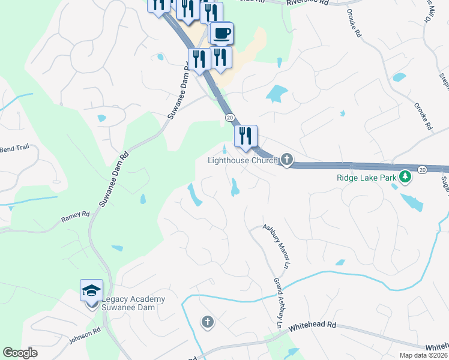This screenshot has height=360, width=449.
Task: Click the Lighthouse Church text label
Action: click(x=243, y=160)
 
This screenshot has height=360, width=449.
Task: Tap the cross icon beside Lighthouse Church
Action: click(x=287, y=160)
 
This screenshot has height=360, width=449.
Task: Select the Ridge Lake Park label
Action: click(x=366, y=177)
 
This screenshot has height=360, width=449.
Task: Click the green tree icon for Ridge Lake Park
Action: click(x=406, y=176)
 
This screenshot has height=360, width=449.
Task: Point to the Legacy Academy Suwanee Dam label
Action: click(x=133, y=303)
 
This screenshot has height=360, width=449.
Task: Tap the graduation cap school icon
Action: click(x=92, y=291)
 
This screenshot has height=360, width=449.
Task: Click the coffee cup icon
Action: click(x=222, y=32)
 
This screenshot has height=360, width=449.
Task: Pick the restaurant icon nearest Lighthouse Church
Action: click(x=246, y=136)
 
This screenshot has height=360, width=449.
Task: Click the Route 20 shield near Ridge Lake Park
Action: click(x=422, y=170)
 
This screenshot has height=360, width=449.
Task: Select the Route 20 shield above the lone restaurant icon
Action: click(x=229, y=117)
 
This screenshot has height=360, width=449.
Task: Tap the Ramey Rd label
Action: click(x=75, y=217)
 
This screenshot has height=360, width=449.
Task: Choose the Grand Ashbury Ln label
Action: click(x=279, y=302)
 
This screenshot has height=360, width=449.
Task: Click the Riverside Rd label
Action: click(x=308, y=2)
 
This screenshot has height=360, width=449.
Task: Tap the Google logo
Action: click(x=20, y=353)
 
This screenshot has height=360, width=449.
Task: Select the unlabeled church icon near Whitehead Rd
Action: click(x=208, y=323)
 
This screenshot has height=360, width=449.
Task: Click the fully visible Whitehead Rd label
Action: click(x=313, y=326)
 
